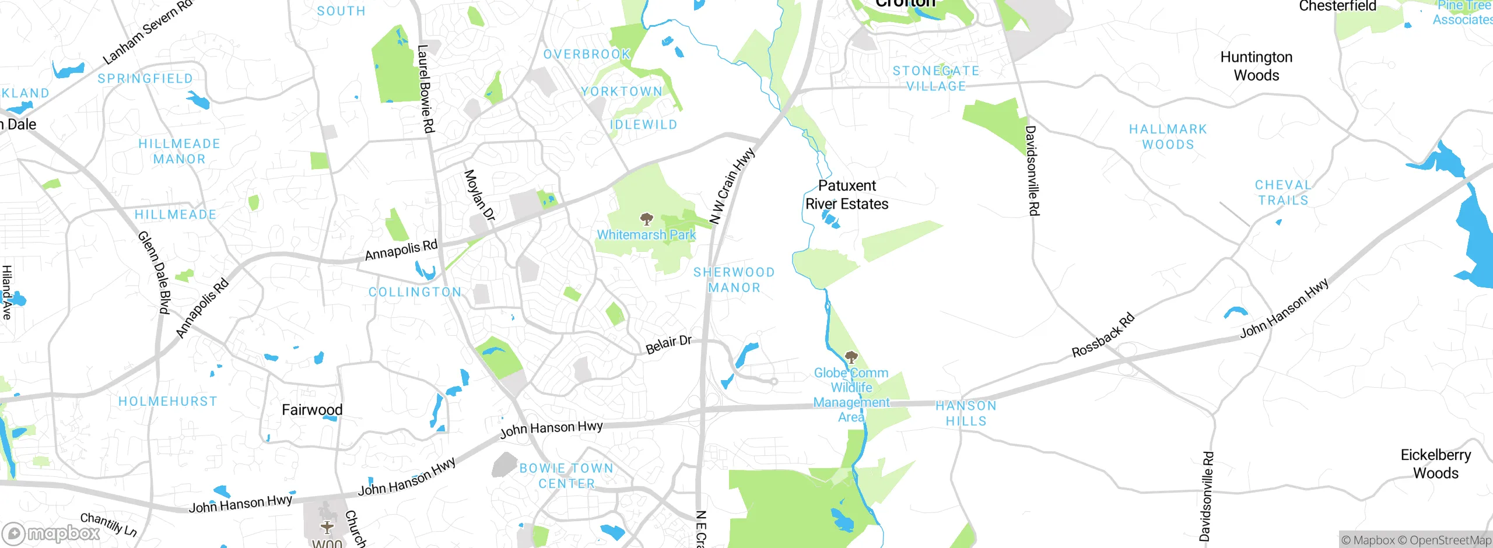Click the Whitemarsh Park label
coord(646,235)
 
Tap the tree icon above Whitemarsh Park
coord(646,219)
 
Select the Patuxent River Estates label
coord(847,195)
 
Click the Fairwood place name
coord(312,410)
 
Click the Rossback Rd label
coord(1103,335)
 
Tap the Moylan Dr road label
coord(479,195)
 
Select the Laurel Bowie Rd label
coord(426,89)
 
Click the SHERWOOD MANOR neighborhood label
coord(734,280)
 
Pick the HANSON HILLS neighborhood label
coord(966,413)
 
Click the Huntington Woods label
coord(1256,66)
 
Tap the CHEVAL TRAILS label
coord(1283,192)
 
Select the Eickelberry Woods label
coord(1435,464)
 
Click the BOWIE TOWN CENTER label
coord(566,476)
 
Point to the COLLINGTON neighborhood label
coord(415,292)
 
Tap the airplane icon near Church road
coord(327,527)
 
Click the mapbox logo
coord(51,533)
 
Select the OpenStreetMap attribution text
coord(1450,540)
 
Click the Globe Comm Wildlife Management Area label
coord(851,395)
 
